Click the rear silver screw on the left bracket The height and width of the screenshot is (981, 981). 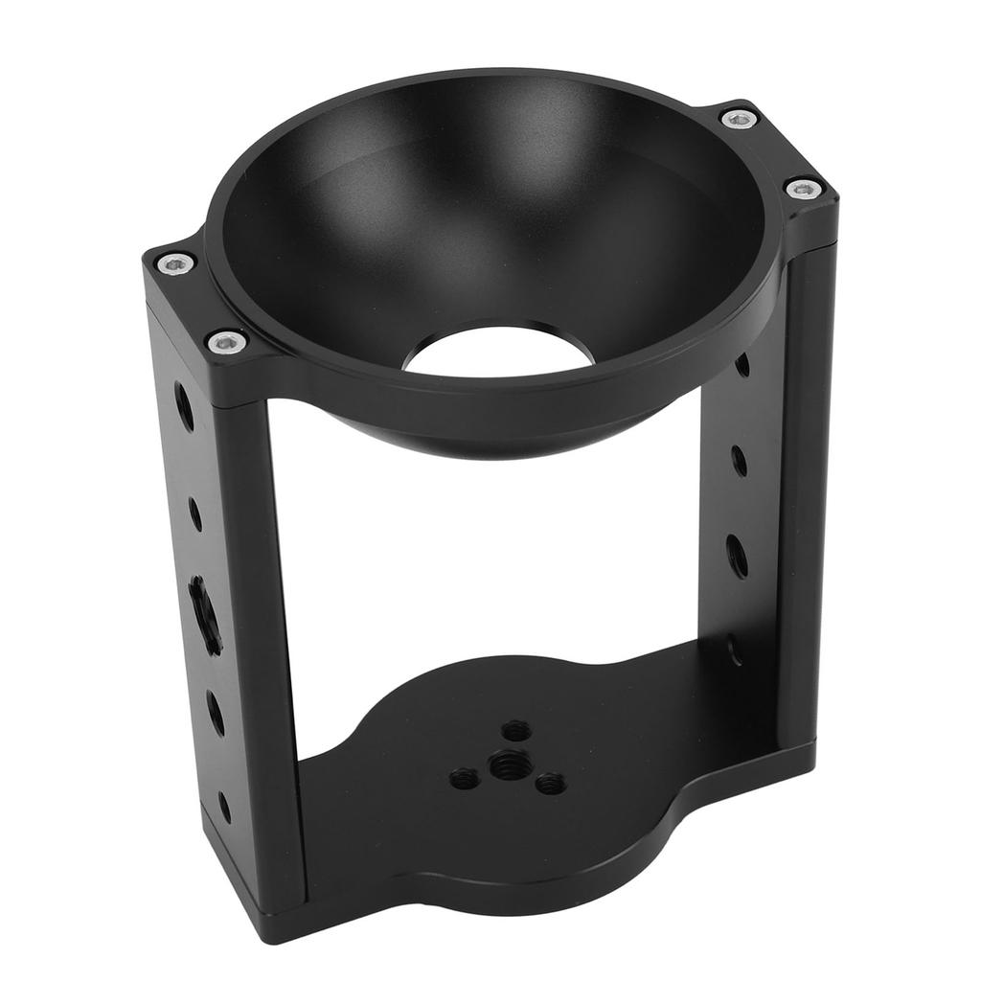(175, 262)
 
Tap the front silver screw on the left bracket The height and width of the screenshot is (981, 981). (226, 339)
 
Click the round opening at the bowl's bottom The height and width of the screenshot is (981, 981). (495, 351)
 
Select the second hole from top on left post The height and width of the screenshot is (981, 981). (195, 513)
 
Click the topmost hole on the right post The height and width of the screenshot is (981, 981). (742, 365)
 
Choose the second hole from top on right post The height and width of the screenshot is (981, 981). (740, 460)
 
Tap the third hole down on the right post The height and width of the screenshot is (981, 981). (737, 555)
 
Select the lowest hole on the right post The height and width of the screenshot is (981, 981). (735, 649)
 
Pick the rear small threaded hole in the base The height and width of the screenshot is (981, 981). (516, 730)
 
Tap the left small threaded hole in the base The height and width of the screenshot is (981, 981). (464, 777)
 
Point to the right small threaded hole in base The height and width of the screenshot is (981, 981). (549, 785)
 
